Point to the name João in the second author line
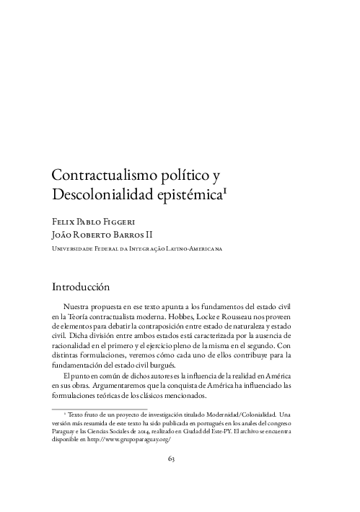click(64, 234)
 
